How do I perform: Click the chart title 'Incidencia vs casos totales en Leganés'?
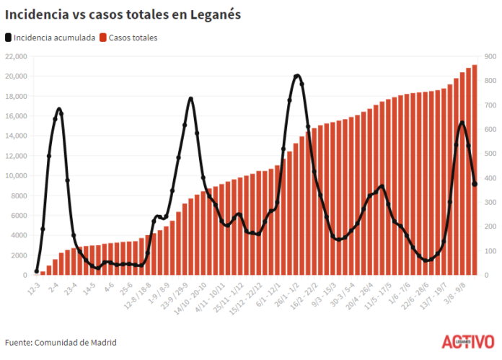123,14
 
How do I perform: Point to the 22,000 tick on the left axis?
16,56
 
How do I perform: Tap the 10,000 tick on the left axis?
16,176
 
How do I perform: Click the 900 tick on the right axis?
490,56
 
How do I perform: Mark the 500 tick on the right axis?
490,154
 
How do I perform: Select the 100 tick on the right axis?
490,251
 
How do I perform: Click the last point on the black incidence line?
475,184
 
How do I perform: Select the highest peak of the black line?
297,76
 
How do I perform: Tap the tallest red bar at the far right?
475,170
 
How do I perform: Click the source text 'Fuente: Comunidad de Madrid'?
61,342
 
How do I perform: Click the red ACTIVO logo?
467,341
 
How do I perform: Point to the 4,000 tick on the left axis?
18,236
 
